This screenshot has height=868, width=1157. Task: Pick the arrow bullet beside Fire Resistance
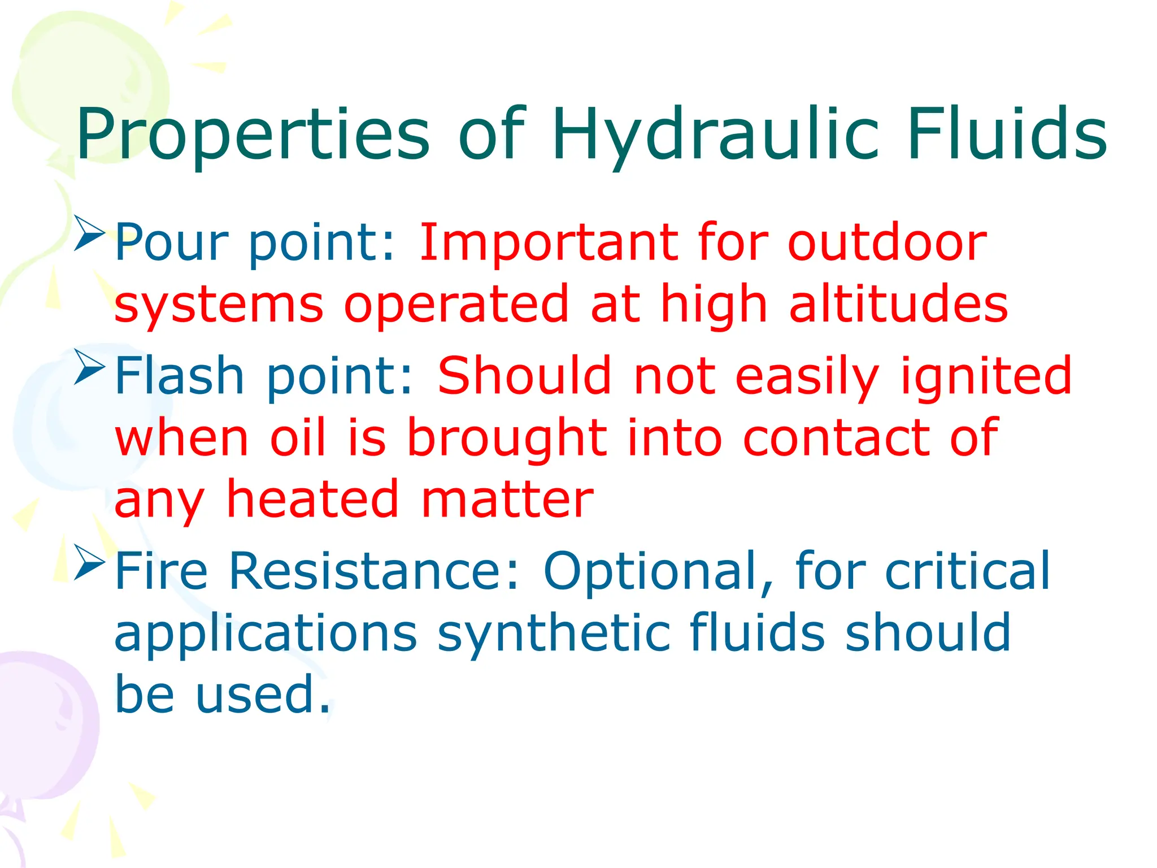(x=89, y=562)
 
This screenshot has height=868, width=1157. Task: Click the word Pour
(x=171, y=243)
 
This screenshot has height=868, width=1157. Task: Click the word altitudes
(x=898, y=304)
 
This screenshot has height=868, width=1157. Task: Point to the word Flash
(x=180, y=376)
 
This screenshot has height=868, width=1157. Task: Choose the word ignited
(x=986, y=376)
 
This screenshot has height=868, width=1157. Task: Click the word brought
(x=507, y=439)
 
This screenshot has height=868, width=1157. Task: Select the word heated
(x=313, y=500)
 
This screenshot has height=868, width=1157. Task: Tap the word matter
(x=507, y=500)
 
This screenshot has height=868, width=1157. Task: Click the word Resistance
(x=373, y=572)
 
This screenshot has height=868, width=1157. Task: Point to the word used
(x=262, y=695)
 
